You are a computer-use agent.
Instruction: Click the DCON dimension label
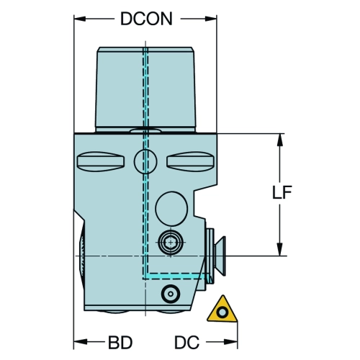tap(146, 19)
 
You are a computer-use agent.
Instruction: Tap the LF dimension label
tap(282, 192)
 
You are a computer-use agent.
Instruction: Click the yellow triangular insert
tap(222, 310)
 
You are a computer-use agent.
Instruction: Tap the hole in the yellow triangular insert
tap(222, 312)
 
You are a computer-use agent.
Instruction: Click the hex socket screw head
tap(171, 242)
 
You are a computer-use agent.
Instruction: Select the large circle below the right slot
tap(171, 208)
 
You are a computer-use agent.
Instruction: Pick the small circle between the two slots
tap(145, 161)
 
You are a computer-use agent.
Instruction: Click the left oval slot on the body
tap(101, 161)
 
